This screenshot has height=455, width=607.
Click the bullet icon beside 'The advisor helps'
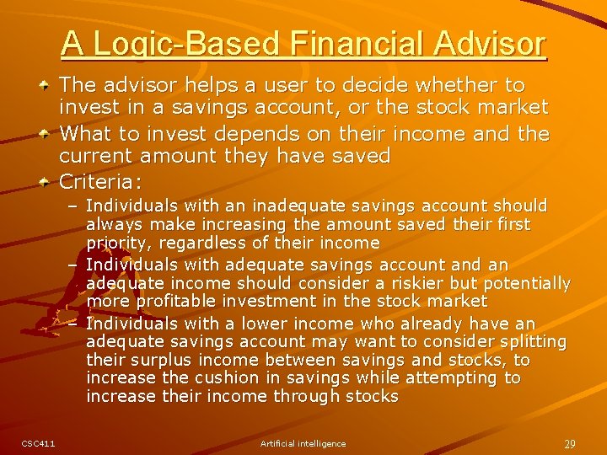pyautogui.click(x=45, y=86)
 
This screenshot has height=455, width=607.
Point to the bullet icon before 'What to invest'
pyautogui.click(x=45, y=134)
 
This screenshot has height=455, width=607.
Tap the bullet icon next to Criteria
pyautogui.click(x=45, y=181)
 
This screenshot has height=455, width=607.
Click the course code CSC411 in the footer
pyautogui.click(x=38, y=443)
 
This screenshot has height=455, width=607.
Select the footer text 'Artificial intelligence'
pyautogui.click(x=303, y=443)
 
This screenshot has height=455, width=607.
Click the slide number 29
pyautogui.click(x=570, y=443)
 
